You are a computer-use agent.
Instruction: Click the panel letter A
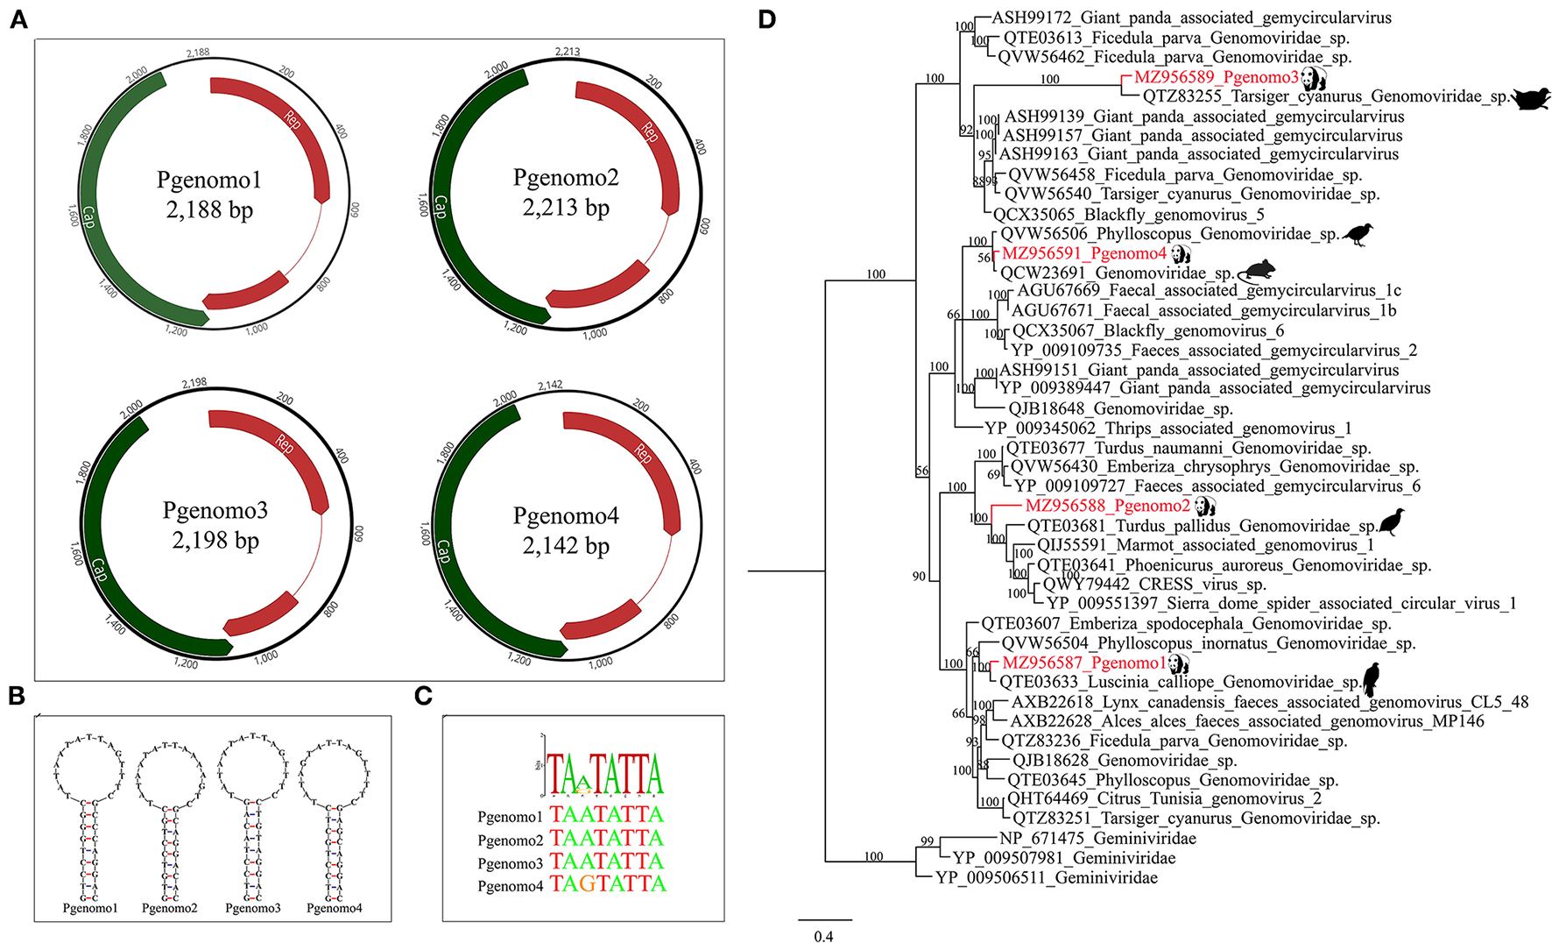18,18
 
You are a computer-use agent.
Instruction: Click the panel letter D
766,18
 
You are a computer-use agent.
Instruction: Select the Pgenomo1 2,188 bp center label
209,195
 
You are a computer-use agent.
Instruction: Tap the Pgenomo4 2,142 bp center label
566,530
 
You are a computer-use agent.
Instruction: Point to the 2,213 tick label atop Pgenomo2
568,51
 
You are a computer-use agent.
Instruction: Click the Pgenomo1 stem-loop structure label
89,909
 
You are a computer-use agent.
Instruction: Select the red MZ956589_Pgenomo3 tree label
1216,77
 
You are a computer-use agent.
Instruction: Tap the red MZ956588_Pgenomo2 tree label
1107,506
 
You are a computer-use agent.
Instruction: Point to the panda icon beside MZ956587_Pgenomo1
1178,663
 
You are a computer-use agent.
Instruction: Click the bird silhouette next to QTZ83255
1531,97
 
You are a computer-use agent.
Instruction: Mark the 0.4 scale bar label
823,936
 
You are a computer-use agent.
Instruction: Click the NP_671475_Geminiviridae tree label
1097,839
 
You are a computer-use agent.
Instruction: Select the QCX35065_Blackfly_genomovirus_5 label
1129,215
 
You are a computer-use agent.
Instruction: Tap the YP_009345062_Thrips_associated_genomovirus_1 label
1168,428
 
